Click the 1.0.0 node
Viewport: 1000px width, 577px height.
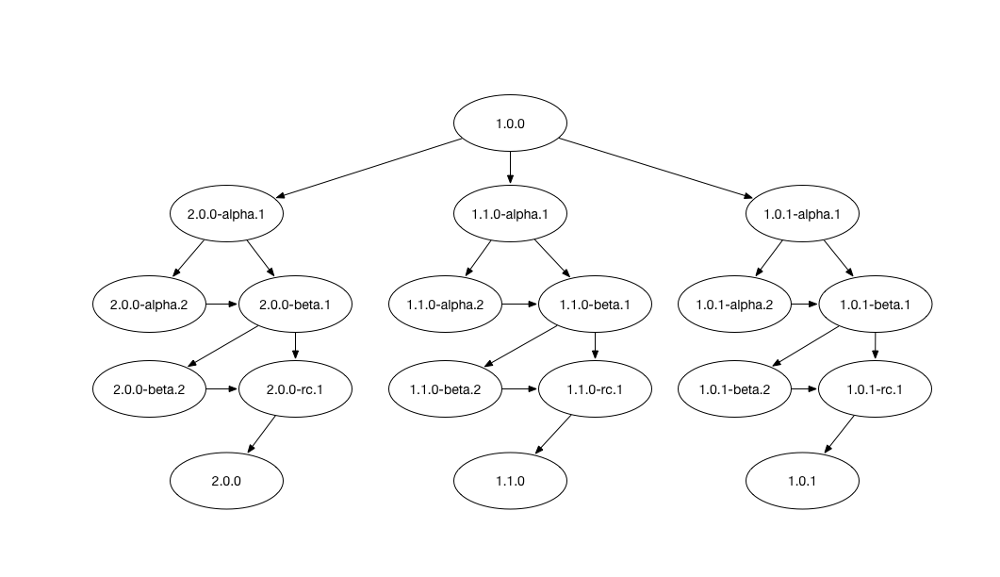click(x=510, y=124)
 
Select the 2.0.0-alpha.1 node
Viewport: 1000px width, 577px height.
click(x=226, y=214)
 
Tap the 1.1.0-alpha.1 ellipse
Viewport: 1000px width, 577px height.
click(x=510, y=214)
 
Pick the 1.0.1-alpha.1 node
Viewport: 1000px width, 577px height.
click(x=802, y=214)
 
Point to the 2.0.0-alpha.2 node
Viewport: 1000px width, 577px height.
click(x=149, y=305)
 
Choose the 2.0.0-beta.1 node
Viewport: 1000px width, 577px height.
click(x=295, y=305)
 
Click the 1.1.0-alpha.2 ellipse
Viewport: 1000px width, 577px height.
click(x=445, y=305)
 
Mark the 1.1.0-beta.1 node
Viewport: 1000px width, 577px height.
click(x=595, y=305)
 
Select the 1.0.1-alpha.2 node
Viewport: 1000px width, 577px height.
click(x=734, y=305)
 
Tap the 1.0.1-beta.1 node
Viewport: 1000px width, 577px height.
click(x=875, y=305)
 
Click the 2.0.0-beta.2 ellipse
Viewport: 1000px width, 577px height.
click(x=149, y=389)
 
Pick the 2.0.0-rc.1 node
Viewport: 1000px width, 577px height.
click(x=295, y=389)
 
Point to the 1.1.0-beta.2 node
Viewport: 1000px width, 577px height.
click(x=445, y=389)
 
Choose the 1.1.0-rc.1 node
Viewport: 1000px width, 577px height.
click(x=595, y=389)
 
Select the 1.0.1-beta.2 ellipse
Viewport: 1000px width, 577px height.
click(x=734, y=389)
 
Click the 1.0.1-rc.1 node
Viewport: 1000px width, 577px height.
click(x=875, y=389)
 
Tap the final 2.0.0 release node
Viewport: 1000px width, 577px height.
click(x=226, y=481)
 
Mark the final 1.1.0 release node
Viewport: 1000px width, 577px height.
click(x=510, y=481)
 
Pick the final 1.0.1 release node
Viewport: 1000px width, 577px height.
click(x=802, y=481)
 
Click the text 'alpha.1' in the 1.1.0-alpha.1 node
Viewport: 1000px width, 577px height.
click(x=526, y=214)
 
